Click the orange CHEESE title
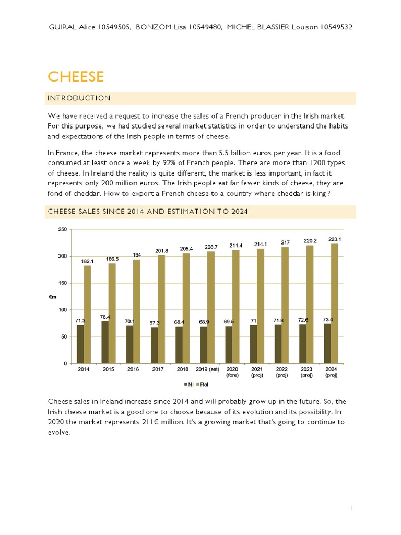(x=76, y=77)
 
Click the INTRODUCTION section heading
(x=79, y=98)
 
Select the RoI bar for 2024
(x=335, y=304)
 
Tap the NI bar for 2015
(x=105, y=342)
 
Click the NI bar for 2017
(x=154, y=345)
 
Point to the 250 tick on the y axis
(x=62, y=229)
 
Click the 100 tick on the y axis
(x=62, y=310)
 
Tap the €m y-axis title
(x=53, y=296)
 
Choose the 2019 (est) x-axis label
(x=207, y=369)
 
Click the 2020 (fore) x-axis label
(x=232, y=372)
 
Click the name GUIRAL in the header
(x=61, y=27)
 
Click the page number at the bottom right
(x=351, y=507)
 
